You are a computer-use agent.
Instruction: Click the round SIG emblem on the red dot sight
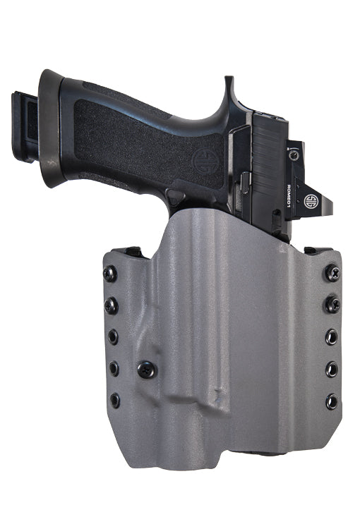click(x=309, y=200)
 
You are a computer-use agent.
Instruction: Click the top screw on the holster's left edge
click(x=110, y=274)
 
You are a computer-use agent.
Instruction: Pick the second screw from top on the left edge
click(x=112, y=305)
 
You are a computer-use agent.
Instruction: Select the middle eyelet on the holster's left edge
click(x=113, y=336)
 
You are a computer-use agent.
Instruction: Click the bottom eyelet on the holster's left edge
click(x=114, y=400)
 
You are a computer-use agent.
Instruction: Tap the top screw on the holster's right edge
click(x=332, y=272)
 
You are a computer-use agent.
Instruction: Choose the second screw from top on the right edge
click(x=332, y=305)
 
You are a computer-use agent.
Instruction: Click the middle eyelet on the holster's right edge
click(x=332, y=336)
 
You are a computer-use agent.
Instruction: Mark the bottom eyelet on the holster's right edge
click(x=332, y=401)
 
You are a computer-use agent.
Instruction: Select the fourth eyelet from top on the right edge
click(x=332, y=368)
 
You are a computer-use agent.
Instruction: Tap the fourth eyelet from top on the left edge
click(x=114, y=368)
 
